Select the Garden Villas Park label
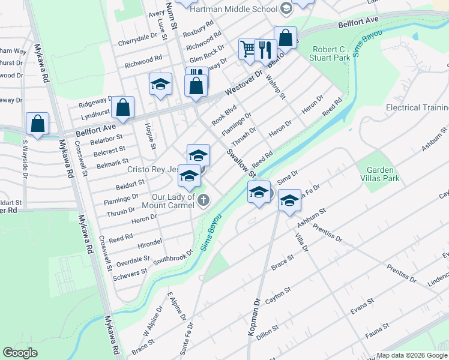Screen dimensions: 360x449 click(x=378, y=174)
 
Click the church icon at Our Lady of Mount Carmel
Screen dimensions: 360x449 click(x=203, y=200)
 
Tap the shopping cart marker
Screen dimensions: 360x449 click(x=248, y=49)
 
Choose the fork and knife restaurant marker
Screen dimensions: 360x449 click(x=265, y=50)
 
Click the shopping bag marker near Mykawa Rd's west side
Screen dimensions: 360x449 click(x=37, y=124)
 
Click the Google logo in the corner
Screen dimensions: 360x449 click(x=20, y=353)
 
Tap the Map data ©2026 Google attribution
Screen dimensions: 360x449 click(x=412, y=355)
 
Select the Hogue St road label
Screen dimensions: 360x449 click(x=151, y=137)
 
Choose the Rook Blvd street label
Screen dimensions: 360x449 click(x=223, y=114)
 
